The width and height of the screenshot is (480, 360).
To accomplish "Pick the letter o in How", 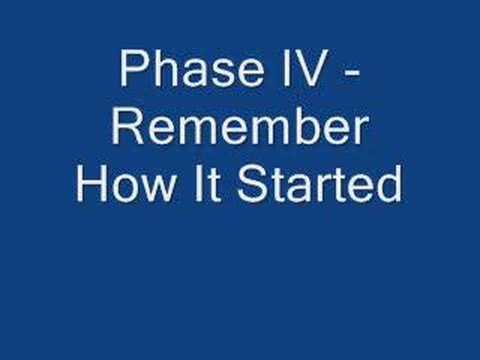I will tap(122, 189).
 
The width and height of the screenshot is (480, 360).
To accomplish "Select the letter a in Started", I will tap(295, 189).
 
